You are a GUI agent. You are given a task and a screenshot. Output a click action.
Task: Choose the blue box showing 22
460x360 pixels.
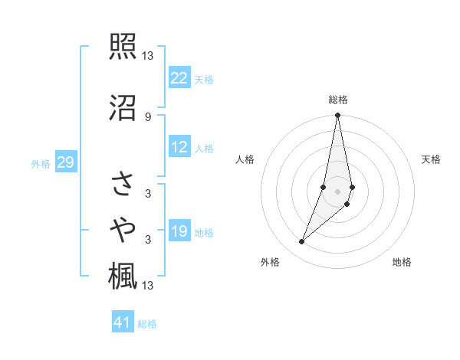pos(179,78)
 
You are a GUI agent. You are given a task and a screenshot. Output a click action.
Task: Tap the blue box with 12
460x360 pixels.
pos(179,148)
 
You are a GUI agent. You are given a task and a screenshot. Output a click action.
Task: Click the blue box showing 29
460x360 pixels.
pos(65,162)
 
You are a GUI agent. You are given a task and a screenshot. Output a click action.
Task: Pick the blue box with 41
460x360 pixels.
pos(123,323)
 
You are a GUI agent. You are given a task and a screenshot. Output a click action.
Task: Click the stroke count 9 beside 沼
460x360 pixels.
pos(147,116)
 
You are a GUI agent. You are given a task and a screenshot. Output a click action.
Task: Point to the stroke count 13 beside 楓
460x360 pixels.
pos(148,286)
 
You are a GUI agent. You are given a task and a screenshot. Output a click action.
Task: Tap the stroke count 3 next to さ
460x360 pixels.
pos(147,194)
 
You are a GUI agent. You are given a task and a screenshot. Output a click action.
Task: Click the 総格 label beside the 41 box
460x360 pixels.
pos(147,324)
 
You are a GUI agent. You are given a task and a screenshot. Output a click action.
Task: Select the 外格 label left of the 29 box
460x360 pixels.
pos(41,163)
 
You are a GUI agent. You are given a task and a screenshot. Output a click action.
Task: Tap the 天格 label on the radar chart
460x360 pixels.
pos(432,159)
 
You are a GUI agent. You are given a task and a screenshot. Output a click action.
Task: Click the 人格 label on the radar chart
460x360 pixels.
pos(245,159)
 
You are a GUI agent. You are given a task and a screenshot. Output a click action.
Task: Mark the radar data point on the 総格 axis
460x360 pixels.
pos(337,116)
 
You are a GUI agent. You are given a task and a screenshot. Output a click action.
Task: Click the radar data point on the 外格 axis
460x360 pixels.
pos(301,242)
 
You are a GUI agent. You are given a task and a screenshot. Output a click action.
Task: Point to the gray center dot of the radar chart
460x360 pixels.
pos(337,191)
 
